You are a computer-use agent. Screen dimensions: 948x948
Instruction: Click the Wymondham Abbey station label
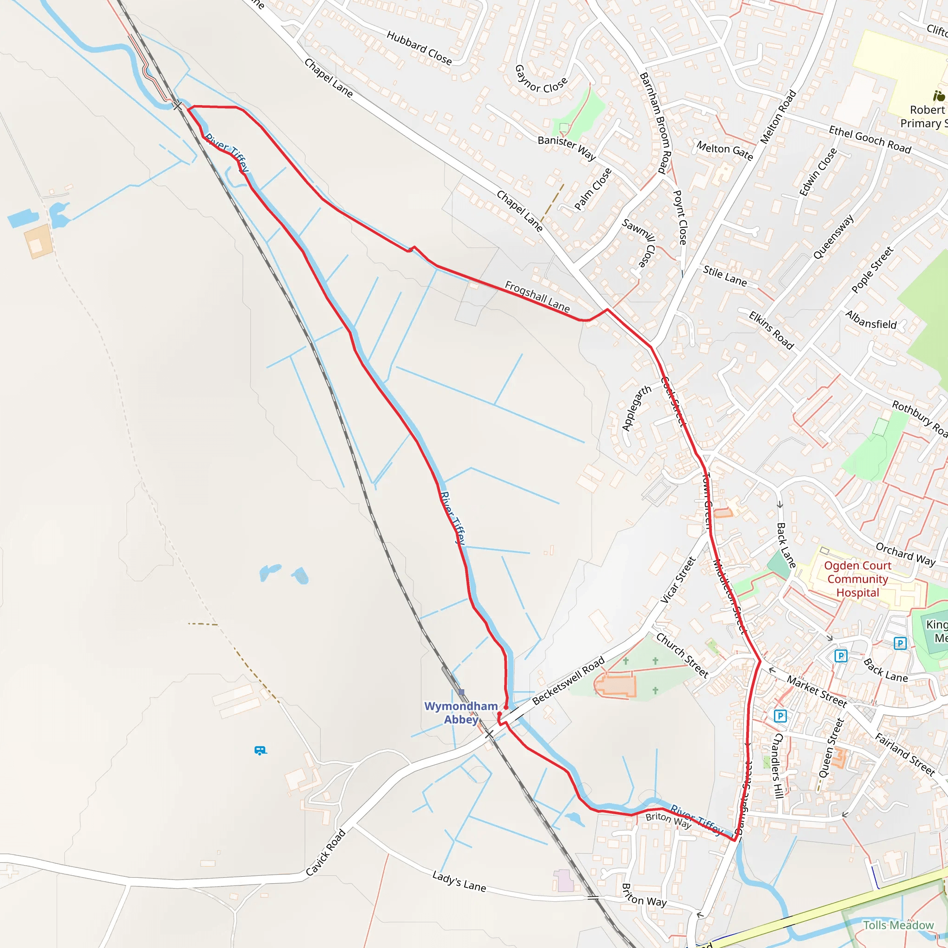pyautogui.click(x=461, y=712)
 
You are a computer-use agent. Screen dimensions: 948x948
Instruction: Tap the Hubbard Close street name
pyautogui.click(x=419, y=48)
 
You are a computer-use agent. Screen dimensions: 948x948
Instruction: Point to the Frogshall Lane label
pyautogui.click(x=537, y=297)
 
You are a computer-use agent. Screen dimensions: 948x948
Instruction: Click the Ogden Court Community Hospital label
pyautogui.click(x=857, y=579)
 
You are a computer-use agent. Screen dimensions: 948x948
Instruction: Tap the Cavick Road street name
pyautogui.click(x=325, y=853)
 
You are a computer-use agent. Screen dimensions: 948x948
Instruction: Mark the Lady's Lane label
pyautogui.click(x=459, y=881)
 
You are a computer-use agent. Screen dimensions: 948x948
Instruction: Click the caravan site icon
pyautogui.click(x=260, y=751)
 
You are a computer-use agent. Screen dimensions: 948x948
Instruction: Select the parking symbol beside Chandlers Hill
pyautogui.click(x=780, y=716)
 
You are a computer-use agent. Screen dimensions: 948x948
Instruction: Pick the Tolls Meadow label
pyautogui.click(x=898, y=925)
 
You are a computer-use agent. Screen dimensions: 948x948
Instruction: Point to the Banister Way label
pyautogui.click(x=567, y=148)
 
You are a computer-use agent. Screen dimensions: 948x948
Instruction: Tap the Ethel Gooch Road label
pyautogui.click(x=869, y=139)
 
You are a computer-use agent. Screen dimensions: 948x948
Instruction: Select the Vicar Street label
pyautogui.click(x=678, y=580)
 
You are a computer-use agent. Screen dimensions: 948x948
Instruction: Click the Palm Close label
pyautogui.click(x=593, y=189)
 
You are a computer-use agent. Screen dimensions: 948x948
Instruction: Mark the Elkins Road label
pyautogui.click(x=771, y=330)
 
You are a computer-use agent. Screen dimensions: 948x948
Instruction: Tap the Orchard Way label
pyautogui.click(x=905, y=554)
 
